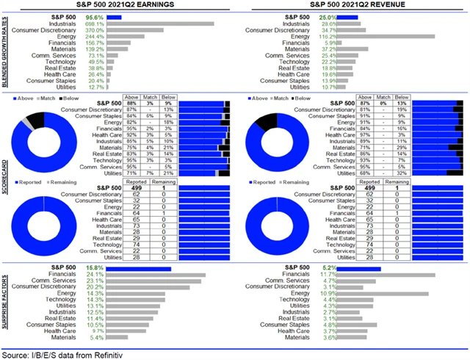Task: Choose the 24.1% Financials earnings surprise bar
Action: tap(147, 276)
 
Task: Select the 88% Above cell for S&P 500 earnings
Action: tap(132, 102)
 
